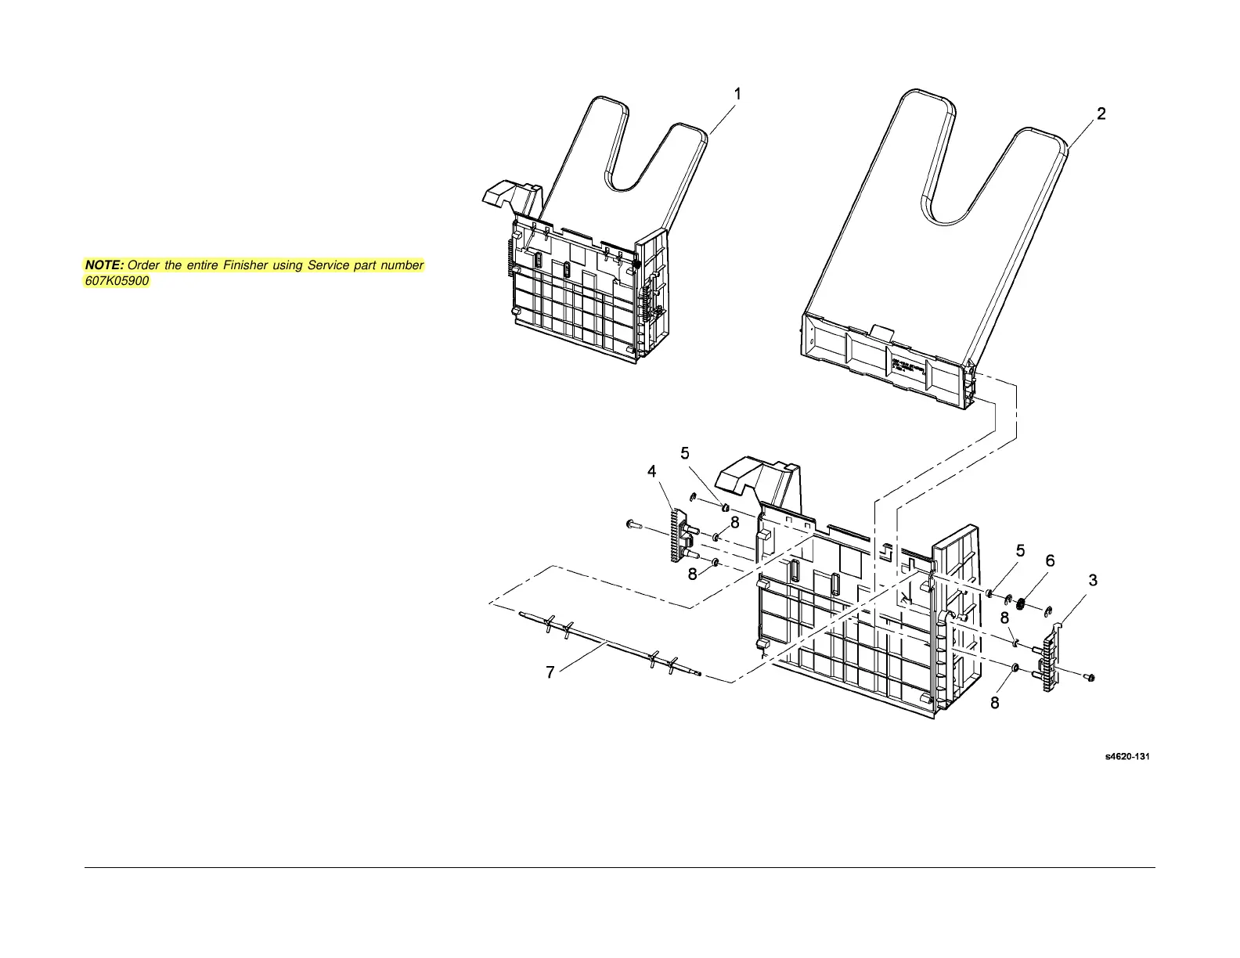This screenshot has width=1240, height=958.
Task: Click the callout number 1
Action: click(737, 93)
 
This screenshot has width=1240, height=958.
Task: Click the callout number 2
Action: click(1101, 114)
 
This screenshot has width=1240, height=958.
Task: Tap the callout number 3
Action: click(1093, 581)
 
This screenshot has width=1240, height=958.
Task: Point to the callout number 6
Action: click(1050, 560)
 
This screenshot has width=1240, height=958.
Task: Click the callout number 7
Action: click(550, 672)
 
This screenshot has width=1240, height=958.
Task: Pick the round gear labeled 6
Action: click(1021, 604)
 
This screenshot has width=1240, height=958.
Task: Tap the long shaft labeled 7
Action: click(611, 643)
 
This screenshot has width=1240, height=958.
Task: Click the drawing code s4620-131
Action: click(1127, 757)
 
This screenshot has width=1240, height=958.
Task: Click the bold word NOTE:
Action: click(104, 265)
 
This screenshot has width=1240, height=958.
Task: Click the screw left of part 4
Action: click(633, 525)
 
